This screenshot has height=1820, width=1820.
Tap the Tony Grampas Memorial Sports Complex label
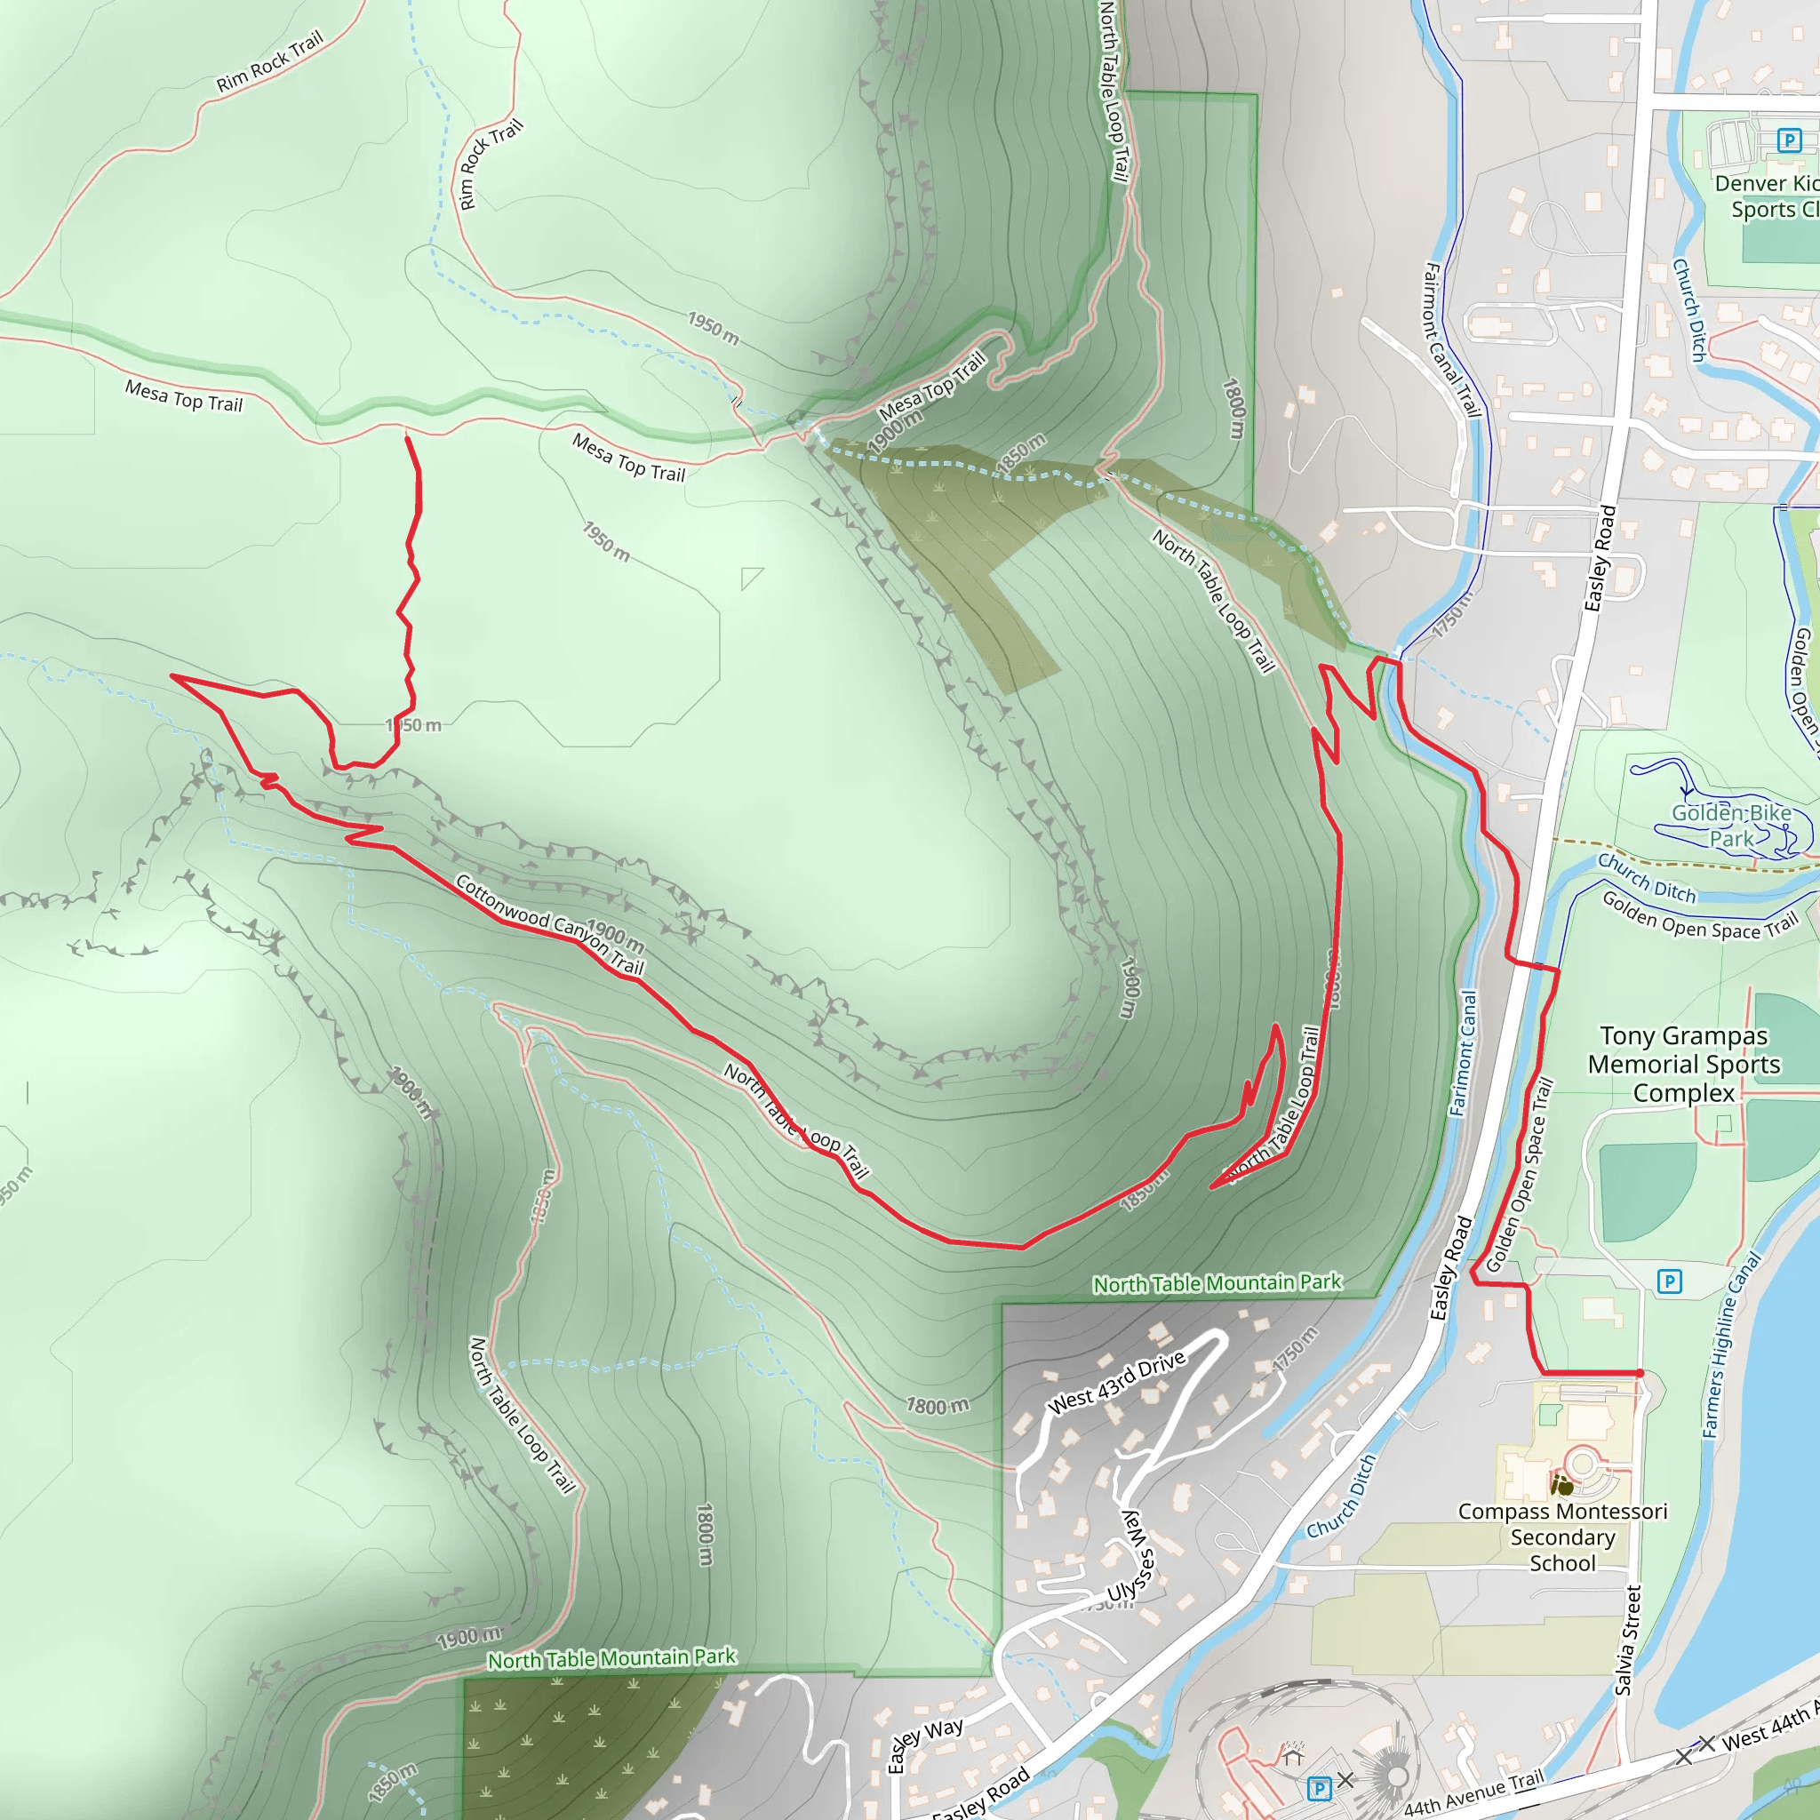point(1683,1064)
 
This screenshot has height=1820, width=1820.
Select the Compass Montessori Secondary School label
point(1562,1537)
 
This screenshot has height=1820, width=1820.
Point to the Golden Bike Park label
point(1731,826)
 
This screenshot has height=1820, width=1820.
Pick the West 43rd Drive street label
point(1116,1384)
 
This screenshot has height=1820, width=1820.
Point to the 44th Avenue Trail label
point(1473,1792)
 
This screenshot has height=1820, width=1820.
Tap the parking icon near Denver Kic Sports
point(1789,141)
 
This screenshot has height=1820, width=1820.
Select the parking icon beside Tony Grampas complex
point(1669,1281)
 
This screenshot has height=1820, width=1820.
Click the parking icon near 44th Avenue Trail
point(1319,1787)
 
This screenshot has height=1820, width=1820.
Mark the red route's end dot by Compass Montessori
point(1640,1374)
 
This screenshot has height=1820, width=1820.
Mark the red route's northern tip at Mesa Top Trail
point(406,437)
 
